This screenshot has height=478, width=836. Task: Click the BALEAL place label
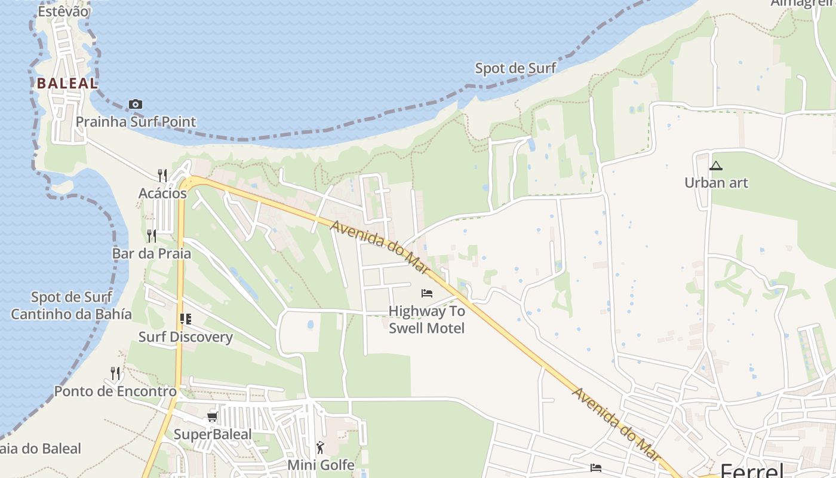(x=67, y=84)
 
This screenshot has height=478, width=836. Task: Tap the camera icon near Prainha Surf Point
(x=136, y=105)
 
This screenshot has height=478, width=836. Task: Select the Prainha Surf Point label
(x=136, y=122)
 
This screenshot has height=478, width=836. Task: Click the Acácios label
(x=162, y=193)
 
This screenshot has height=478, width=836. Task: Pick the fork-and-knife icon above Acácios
(x=162, y=174)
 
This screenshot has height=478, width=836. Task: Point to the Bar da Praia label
(x=152, y=253)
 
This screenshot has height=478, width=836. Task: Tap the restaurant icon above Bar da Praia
(x=152, y=235)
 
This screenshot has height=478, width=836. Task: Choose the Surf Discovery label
(x=185, y=336)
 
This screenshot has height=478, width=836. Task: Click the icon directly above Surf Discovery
(x=186, y=319)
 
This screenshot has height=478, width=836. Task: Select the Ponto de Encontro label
(x=115, y=391)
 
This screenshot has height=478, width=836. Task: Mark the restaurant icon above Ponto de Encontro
(x=115, y=373)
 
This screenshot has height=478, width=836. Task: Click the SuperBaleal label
(x=213, y=434)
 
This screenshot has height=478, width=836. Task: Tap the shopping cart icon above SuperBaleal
(x=212, y=416)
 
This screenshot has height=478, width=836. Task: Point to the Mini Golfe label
(x=321, y=464)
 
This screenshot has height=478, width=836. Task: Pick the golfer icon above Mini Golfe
(x=321, y=447)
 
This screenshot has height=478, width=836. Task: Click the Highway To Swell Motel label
(x=426, y=320)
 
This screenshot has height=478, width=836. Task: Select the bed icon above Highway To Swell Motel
(x=426, y=293)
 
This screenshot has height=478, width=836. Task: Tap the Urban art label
(x=716, y=183)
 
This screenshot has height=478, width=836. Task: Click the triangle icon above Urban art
(x=716, y=166)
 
